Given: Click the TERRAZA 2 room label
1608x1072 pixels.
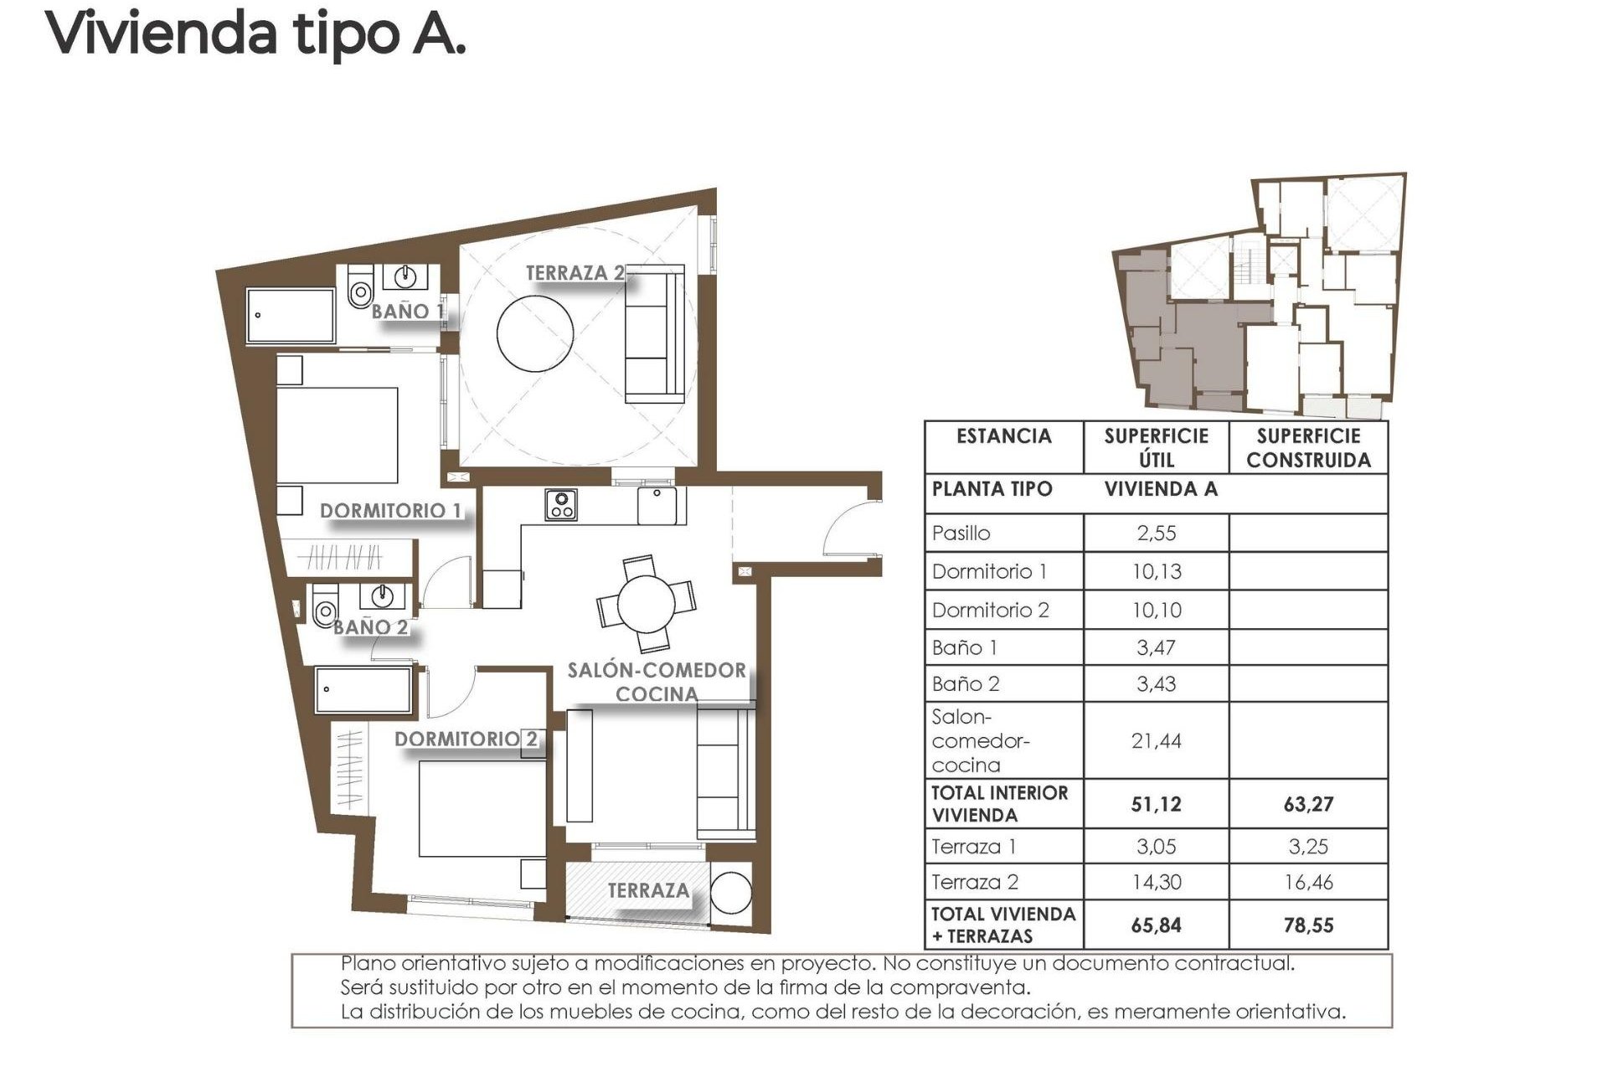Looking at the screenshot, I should [x=575, y=273].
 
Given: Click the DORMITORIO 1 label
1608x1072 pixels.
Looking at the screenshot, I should [x=390, y=510].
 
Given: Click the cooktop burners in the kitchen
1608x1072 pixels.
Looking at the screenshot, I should [x=560, y=505].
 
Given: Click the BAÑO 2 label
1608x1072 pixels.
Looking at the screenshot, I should [x=370, y=626].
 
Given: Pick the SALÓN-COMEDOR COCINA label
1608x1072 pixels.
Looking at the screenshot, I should [x=657, y=682].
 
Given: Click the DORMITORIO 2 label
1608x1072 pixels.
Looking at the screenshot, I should [x=466, y=739].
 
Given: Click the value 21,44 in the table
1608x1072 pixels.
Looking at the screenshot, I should [x=1156, y=740].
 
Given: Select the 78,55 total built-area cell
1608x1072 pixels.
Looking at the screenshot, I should [x=1308, y=925].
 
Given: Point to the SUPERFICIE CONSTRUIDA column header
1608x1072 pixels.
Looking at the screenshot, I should [x=1308, y=448].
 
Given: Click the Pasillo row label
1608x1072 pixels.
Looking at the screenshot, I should [x=961, y=533].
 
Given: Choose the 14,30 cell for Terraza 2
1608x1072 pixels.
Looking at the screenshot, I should [x=1156, y=882].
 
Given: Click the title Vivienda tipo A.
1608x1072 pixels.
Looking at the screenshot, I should [x=255, y=33].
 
